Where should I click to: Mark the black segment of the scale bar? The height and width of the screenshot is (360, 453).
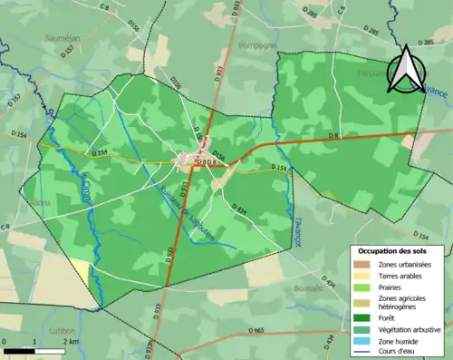click(18, 349)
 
